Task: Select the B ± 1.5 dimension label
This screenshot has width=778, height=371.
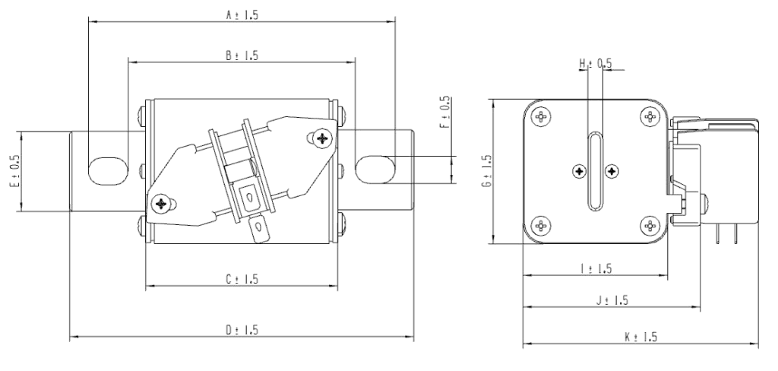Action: tap(242, 55)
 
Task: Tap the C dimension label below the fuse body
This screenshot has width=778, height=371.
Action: tap(242, 279)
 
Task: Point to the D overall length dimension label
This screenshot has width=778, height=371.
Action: tap(242, 329)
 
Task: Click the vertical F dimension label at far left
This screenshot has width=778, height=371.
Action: tap(14, 172)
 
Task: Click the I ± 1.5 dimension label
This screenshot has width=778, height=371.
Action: tap(596, 268)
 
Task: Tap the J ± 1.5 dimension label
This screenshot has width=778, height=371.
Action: tap(612, 300)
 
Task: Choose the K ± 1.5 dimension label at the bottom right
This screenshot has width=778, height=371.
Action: tap(640, 337)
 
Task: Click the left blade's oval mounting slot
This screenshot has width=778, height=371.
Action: tap(106, 170)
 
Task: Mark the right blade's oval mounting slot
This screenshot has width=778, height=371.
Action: tap(376, 169)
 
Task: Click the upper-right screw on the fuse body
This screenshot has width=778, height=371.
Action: tap(321, 138)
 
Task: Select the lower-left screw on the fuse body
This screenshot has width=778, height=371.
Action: tap(161, 203)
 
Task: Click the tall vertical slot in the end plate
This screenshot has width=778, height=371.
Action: tap(595, 171)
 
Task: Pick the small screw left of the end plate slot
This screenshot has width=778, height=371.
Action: tap(580, 171)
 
